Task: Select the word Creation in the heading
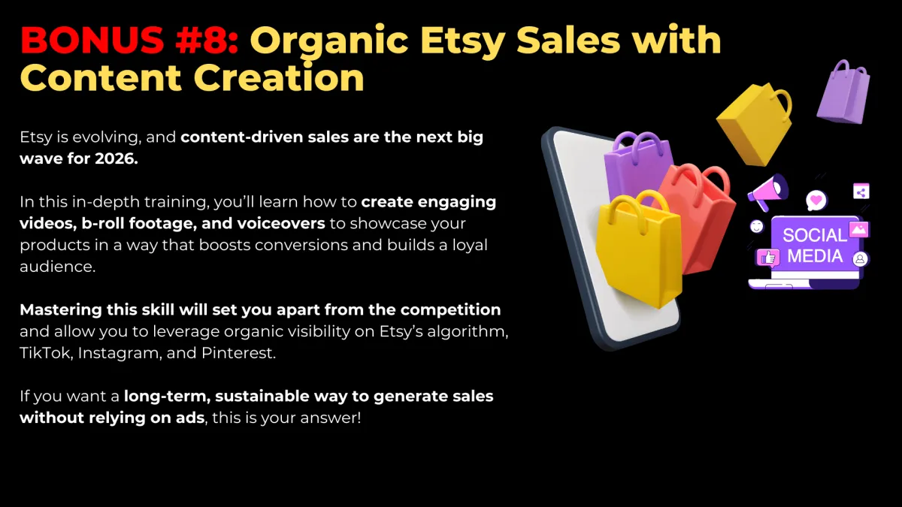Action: [x=279, y=77]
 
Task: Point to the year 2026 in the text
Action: [x=117, y=158]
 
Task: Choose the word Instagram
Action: [x=120, y=353]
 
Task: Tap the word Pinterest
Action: [x=238, y=353]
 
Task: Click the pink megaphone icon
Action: [x=767, y=192]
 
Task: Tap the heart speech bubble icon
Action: [x=816, y=201]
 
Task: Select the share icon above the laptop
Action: [x=861, y=192]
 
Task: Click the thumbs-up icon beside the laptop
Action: [x=768, y=257]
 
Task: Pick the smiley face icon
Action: [x=757, y=227]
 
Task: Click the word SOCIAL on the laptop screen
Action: [x=815, y=235]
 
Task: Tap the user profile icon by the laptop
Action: [x=860, y=258]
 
